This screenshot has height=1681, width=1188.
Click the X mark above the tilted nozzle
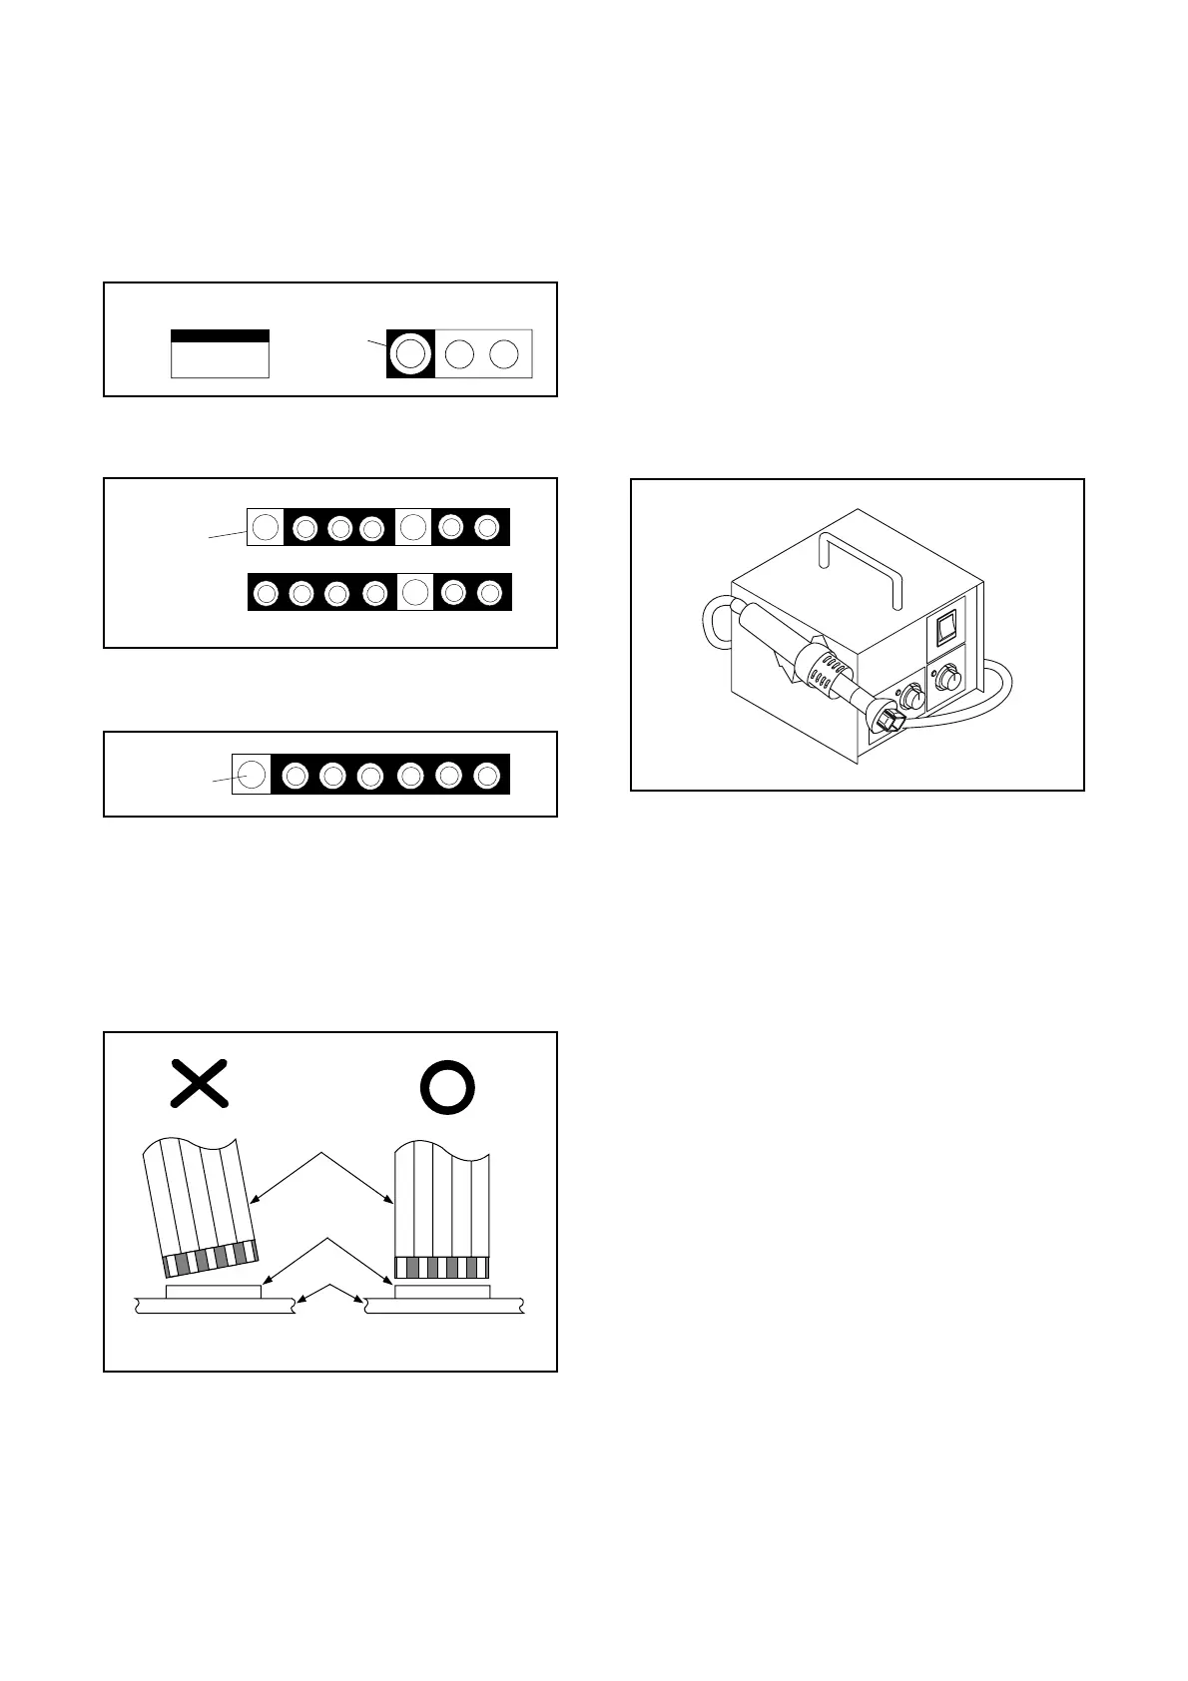click(200, 1084)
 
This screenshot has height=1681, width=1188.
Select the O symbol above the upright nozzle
click(446, 1086)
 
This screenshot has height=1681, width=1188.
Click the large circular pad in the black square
click(410, 353)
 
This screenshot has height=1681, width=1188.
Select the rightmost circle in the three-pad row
click(505, 353)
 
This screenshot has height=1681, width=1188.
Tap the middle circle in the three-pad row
click(458, 353)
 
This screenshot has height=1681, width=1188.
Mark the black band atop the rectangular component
click(220, 336)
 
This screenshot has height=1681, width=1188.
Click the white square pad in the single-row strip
click(252, 774)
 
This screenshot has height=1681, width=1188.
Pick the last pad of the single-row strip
click(487, 775)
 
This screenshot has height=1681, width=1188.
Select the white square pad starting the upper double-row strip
click(265, 526)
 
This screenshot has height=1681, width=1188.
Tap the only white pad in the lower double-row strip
click(414, 592)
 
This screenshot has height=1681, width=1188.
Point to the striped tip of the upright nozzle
click(442, 1267)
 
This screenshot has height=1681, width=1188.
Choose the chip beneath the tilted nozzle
click(213, 1292)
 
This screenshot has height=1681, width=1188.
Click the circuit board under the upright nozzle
click(445, 1306)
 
